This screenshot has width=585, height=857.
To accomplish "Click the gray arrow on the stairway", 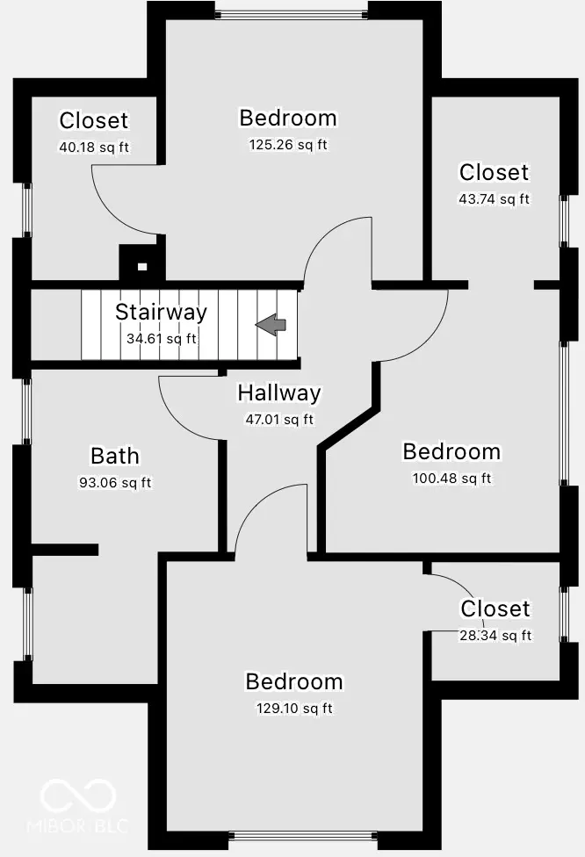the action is click(271, 325).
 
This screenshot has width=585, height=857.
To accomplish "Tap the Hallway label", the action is click(278, 393).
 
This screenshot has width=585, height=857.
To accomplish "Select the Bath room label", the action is click(115, 456).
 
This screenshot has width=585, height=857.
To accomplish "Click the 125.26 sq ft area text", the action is click(288, 144).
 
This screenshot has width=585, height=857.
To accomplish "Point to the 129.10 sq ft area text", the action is click(294, 709).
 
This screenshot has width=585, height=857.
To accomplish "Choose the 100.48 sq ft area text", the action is click(451, 479).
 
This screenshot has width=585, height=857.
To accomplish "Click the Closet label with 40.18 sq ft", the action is click(93, 121).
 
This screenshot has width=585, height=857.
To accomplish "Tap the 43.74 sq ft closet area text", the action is click(494, 199).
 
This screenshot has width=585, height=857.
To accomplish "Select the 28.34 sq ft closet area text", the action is click(495, 635).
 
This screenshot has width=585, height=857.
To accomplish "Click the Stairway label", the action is click(162, 312).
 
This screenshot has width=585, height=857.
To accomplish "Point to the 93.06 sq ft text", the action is click(115, 483).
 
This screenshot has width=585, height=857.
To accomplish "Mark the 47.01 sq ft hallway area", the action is click(279, 419).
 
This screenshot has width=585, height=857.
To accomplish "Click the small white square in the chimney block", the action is click(142, 267).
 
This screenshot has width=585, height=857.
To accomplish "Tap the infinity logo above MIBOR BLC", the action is click(78, 796).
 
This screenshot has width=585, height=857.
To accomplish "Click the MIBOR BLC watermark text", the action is click(77, 825).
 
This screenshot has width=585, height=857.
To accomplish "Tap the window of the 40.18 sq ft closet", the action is click(26, 210).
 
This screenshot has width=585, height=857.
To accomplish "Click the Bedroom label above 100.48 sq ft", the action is click(451, 452).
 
